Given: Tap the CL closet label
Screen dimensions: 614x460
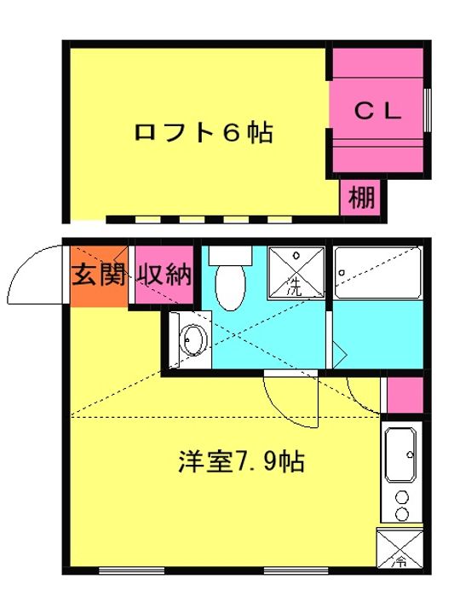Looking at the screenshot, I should [377, 110].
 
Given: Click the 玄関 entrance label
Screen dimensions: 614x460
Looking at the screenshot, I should [97, 275].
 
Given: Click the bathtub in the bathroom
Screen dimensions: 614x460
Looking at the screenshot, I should [377, 273].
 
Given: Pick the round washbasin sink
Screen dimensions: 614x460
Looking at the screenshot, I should [193, 342].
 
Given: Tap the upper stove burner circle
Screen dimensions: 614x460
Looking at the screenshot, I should [402, 496].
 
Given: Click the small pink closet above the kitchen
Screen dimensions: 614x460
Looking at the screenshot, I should [405, 395].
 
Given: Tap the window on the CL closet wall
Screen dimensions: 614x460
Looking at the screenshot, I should [428, 110].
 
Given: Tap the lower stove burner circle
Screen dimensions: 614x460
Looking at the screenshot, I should [402, 513].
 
